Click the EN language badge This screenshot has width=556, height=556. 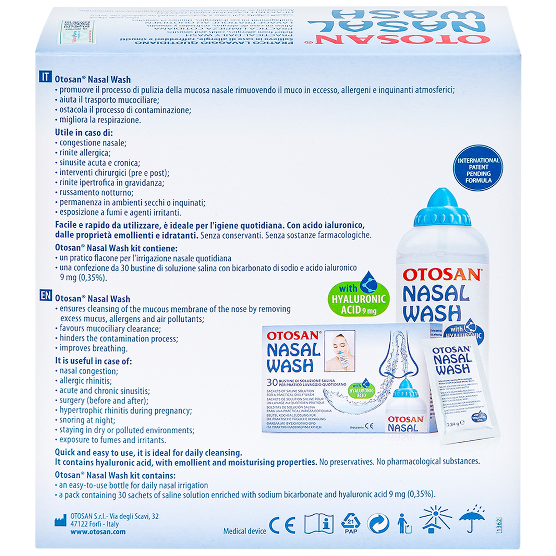click(x=45, y=296)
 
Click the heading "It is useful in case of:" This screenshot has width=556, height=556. click(x=93, y=361)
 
